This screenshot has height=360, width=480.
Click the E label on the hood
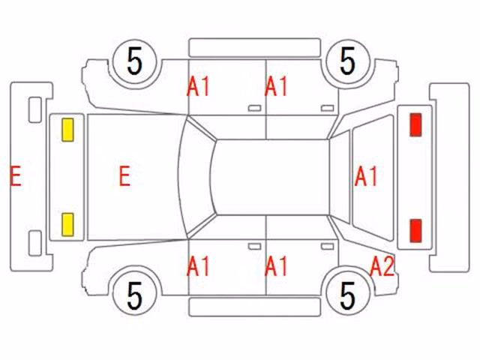point(124,175)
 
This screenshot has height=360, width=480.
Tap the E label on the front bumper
point(16,175)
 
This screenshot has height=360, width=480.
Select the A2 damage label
point(382,266)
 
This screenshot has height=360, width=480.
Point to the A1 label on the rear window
point(366,176)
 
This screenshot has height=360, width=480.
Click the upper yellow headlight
point(67,130)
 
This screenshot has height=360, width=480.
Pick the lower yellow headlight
point(67,225)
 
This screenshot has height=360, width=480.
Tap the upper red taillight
point(415,124)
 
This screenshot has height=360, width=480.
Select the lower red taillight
point(415,230)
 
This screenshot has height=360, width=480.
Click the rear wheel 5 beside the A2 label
point(348,295)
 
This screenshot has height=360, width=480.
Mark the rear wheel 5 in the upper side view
point(348,61)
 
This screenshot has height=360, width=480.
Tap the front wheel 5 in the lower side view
point(135,295)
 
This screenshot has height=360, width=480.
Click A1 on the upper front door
point(198,87)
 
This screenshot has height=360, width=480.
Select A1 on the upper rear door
point(276,87)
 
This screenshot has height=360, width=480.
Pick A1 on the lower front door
point(198,266)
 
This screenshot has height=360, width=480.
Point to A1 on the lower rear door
point(276,266)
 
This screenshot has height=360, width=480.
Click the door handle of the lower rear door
point(327,247)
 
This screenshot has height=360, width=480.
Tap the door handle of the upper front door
point(254,108)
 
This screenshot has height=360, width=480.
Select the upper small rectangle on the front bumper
point(35,110)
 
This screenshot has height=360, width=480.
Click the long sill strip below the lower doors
point(255,307)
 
